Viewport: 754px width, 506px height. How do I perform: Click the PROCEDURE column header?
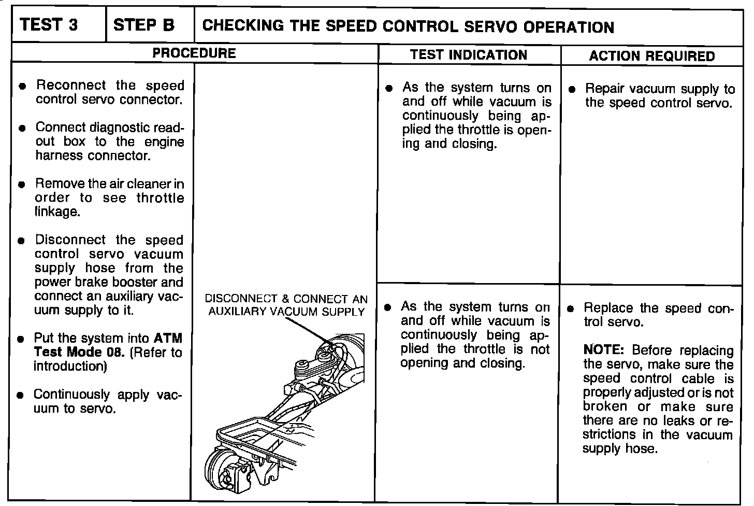pyautogui.click(x=194, y=53)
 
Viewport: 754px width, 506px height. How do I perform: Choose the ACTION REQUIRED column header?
pyautogui.click(x=651, y=56)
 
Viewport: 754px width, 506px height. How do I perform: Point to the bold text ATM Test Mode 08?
pyautogui.click(x=108, y=345)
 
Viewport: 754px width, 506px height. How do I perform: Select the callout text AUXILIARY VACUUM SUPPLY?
pyautogui.click(x=286, y=312)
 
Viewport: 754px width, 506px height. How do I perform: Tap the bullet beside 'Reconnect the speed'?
pyautogui.click(x=22, y=86)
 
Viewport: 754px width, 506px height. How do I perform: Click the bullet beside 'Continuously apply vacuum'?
pyautogui.click(x=20, y=395)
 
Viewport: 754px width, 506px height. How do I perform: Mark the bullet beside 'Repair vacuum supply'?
pyautogui.click(x=572, y=89)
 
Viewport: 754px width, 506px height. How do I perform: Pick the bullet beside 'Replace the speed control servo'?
pyautogui.click(x=571, y=309)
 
